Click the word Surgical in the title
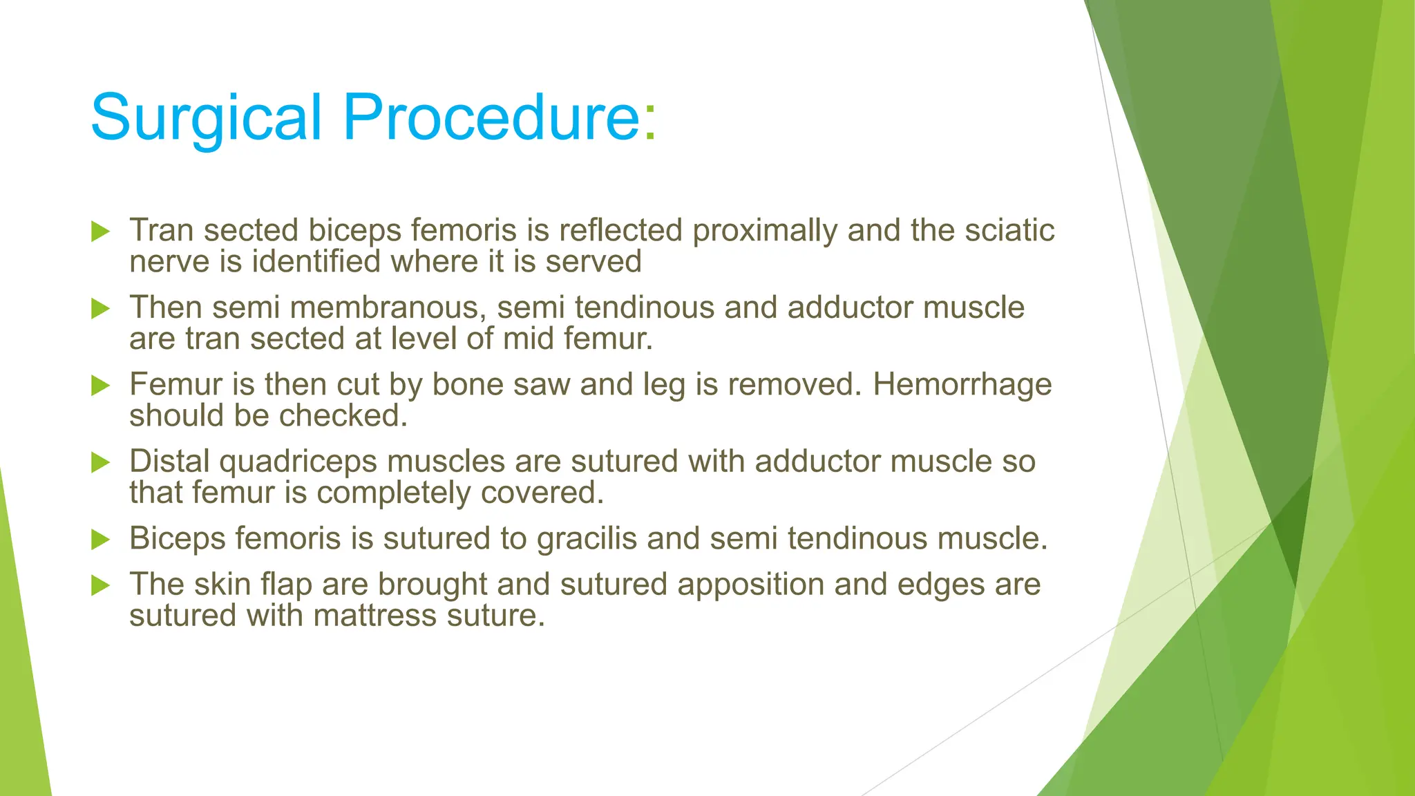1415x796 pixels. click(x=206, y=117)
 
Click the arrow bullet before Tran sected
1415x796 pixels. click(x=101, y=231)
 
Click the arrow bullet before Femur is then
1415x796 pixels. click(x=101, y=386)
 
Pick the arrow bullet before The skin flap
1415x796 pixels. click(x=101, y=585)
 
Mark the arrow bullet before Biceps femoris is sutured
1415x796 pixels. click(x=101, y=539)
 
